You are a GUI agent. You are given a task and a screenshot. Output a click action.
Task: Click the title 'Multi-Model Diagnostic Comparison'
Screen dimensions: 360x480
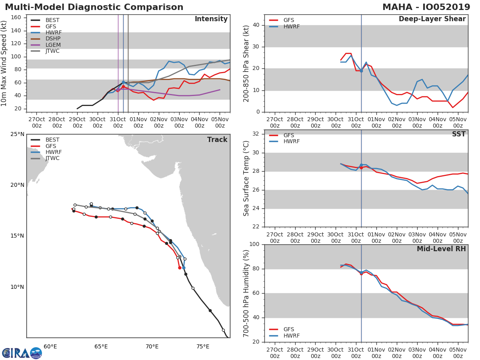(x=94, y=7)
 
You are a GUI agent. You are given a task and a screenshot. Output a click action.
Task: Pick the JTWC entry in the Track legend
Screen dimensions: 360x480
(x=52, y=158)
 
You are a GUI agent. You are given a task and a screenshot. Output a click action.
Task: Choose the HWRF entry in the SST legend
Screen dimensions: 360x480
(x=291, y=142)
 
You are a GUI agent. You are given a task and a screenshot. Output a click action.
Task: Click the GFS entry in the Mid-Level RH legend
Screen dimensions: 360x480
(x=288, y=330)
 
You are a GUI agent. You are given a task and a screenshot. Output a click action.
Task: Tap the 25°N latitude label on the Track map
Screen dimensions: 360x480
(x=17, y=134)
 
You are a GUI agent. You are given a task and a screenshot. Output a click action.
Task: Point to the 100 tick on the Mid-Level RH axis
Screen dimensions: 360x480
(x=255, y=244)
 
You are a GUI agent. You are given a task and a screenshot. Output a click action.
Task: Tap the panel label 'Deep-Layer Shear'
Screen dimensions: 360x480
(x=432, y=19)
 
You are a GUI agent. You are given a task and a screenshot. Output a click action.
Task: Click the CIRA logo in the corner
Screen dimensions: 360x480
(x=22, y=353)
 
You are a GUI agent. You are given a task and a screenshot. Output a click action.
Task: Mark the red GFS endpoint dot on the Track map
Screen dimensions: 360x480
(x=180, y=268)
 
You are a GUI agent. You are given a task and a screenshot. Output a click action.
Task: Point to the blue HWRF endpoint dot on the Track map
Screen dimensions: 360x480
(x=184, y=268)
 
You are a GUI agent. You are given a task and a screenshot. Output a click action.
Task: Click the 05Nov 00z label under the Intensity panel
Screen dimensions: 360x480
(x=220, y=122)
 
